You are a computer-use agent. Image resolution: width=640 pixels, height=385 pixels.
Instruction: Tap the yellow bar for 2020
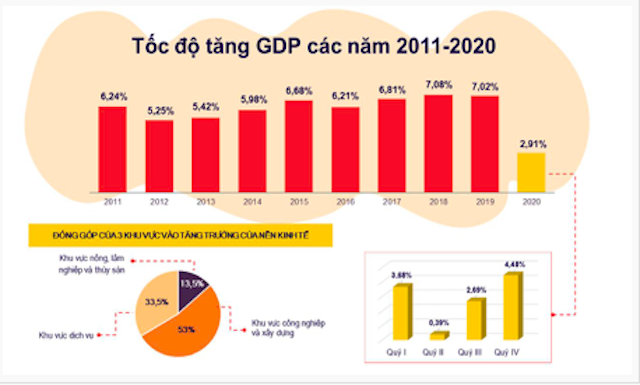(531, 171)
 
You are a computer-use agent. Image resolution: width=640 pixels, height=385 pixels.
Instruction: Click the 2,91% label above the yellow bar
(532, 144)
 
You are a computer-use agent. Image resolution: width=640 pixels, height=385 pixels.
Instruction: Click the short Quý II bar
(438, 336)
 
